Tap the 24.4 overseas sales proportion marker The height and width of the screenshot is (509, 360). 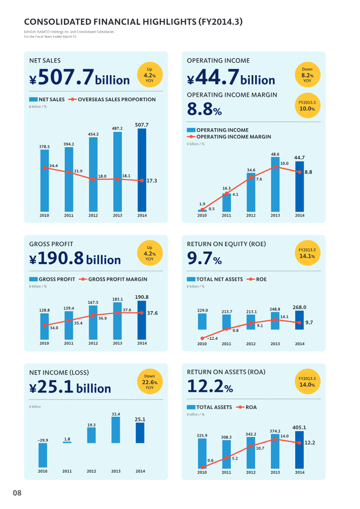click(x=45, y=167)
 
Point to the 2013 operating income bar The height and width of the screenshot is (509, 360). click(x=275, y=185)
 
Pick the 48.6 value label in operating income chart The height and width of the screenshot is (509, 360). click(x=275, y=154)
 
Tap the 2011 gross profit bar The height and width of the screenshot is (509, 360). click(x=69, y=325)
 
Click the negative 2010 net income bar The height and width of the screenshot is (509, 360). click(x=43, y=455)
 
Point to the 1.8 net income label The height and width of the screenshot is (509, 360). click(x=67, y=439)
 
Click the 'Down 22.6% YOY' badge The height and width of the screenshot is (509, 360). click(x=149, y=382)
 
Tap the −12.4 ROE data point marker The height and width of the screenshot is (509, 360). click(x=202, y=338)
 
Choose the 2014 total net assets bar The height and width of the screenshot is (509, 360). click(x=299, y=320)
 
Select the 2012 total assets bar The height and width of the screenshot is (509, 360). click(x=251, y=452)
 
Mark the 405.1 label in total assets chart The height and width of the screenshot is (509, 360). click(x=299, y=428)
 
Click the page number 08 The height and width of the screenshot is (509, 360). click(x=17, y=493)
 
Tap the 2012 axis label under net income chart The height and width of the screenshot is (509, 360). click(x=91, y=471)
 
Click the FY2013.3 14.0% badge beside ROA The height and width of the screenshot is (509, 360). click(x=307, y=382)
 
